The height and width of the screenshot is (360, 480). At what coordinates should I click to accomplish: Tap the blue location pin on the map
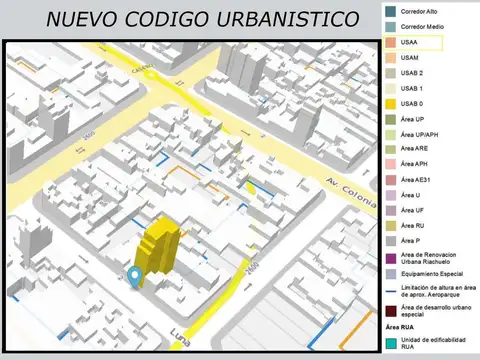pos(135,276)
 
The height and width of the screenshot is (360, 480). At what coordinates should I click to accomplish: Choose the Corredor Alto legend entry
pos(421,12)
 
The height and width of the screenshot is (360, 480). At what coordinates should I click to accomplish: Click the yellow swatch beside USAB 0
pos(388,104)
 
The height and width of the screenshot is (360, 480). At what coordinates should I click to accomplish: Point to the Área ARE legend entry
pos(415,149)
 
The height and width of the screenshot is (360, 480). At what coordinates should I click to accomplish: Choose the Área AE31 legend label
pos(417,180)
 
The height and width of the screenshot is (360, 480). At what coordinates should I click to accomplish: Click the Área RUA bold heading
pos(401,328)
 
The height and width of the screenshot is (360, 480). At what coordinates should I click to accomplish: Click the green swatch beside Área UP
pos(388,119)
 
